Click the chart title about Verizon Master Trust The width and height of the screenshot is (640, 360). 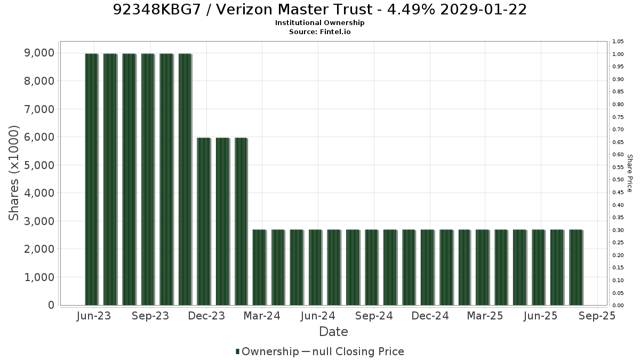319,10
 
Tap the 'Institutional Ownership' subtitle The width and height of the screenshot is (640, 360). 319,23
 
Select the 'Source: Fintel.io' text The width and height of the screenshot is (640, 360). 319,31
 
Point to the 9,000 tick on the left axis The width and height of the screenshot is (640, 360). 39,53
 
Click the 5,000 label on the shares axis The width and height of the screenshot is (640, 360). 39,165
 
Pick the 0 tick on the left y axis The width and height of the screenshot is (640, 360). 51,305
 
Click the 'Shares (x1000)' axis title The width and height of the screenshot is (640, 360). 13,173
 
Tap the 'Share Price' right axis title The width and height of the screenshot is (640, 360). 629,173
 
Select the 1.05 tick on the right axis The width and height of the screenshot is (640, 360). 618,42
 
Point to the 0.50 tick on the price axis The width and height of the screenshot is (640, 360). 618,179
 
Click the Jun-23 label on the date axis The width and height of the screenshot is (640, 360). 94,316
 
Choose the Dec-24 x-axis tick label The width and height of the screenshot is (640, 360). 430,316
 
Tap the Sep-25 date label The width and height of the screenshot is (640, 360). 597,316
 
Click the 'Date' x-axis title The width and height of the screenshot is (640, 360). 333,332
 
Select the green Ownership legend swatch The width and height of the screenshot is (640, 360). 237,351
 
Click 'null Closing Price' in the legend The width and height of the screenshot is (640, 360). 358,351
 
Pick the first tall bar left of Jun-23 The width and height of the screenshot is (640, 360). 92,179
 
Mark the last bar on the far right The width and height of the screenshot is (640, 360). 576,267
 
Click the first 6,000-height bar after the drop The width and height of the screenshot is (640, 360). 204,221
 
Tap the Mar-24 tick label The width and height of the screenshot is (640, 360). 262,316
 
